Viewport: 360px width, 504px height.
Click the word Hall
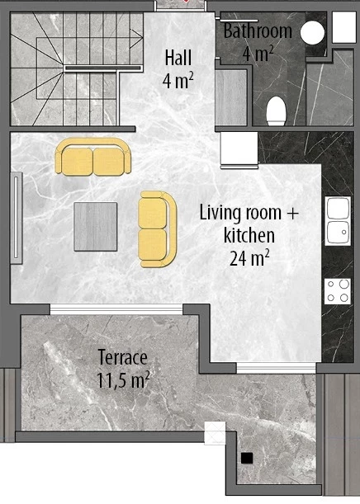pos(178,59)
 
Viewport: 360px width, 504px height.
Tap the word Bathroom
pos(258,31)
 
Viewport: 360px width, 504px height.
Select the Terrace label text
pos(122,357)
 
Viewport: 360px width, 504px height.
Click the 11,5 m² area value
pos(123,380)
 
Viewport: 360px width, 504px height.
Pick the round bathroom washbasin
pos(312,32)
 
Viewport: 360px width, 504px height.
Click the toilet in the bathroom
pos(276,111)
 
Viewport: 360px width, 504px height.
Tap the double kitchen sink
pos(338,221)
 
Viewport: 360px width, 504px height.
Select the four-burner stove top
pos(338,291)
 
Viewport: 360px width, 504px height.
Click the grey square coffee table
pos(96,227)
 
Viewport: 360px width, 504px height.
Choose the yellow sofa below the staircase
pos(93,157)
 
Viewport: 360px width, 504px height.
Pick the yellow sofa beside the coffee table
pos(158,229)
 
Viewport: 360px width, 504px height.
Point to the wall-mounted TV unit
pos(17,218)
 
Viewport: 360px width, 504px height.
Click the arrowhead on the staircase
pos(137,38)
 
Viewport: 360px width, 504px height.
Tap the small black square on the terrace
pos(247,458)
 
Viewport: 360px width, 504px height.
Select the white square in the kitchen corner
pos(239,148)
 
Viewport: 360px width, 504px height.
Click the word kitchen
pos(249,235)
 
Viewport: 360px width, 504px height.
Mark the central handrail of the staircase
pos(103,68)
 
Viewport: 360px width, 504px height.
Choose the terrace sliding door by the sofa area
pos(116,309)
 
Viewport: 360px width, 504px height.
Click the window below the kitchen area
pos(277,368)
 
